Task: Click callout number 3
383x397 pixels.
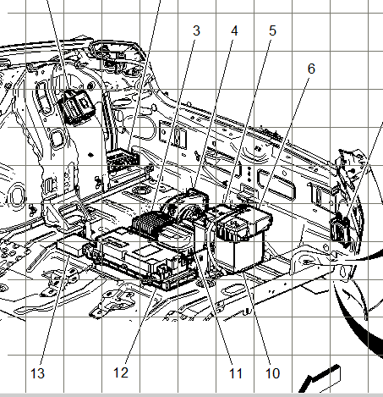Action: click(x=196, y=30)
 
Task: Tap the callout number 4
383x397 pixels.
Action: click(x=234, y=30)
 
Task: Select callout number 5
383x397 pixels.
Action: click(x=272, y=30)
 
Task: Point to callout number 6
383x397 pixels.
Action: click(x=311, y=69)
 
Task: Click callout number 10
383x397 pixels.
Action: click(x=272, y=373)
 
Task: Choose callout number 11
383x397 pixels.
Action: click(x=236, y=373)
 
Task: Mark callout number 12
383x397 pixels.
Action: click(x=121, y=372)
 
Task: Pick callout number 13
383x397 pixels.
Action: click(x=37, y=373)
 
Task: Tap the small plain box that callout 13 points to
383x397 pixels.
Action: click(x=71, y=245)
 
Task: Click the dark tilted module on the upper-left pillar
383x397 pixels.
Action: click(x=76, y=107)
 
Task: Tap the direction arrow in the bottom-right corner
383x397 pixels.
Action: click(x=321, y=379)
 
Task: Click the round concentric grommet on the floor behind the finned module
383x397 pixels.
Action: click(x=141, y=190)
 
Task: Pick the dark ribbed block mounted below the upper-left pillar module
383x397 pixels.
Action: click(x=123, y=160)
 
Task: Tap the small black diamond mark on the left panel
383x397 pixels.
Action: click(x=90, y=155)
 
